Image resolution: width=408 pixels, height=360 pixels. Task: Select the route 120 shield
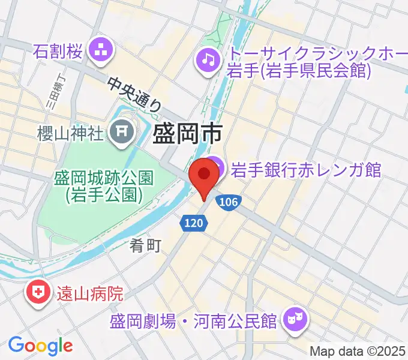click(193, 223)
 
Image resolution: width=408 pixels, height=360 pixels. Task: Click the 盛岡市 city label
click(187, 133)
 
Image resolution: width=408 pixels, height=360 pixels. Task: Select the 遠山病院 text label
click(90, 294)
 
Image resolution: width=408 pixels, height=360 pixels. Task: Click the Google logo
click(40, 345)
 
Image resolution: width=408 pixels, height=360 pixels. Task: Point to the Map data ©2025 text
click(357, 351)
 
